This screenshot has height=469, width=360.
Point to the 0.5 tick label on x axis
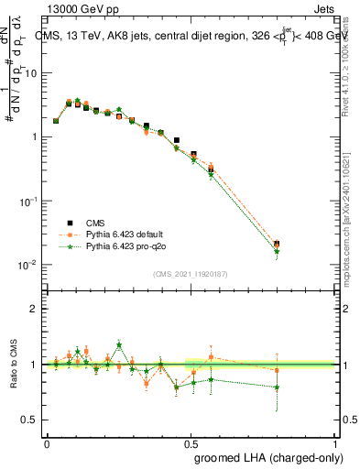pyautogui.click(x=191, y=443)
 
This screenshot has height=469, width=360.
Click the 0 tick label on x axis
pyautogui.click(x=47, y=443)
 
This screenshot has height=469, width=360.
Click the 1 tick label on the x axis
pyautogui.click(x=334, y=443)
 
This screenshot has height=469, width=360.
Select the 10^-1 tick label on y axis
pyautogui.click(x=29, y=201)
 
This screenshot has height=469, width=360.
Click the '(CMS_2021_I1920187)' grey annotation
pyautogui.click(x=190, y=273)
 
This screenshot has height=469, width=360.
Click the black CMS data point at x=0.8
pyautogui.click(x=277, y=245)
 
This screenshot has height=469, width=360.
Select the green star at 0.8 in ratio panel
pyautogui.click(x=277, y=387)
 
